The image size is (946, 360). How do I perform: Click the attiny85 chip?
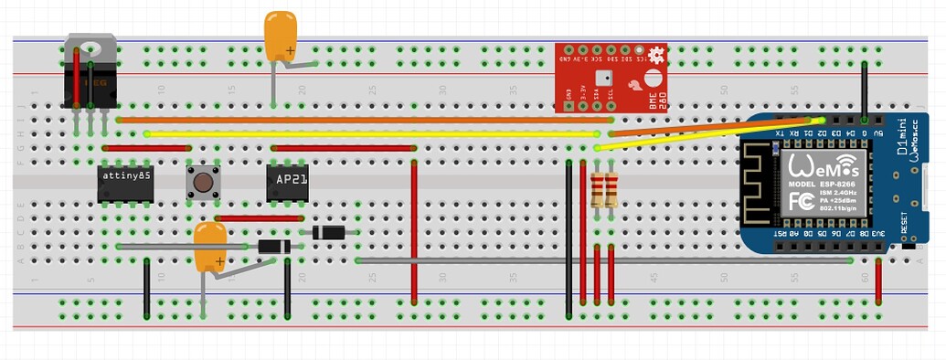coord(125,183)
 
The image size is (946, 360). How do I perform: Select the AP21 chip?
coord(287,183)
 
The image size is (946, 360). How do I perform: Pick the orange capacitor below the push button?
coord(210,247)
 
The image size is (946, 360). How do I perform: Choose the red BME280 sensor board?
coord(611,78)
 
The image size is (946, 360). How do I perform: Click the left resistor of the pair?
coord(597,190)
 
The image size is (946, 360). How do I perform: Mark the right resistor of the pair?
coord(611,190)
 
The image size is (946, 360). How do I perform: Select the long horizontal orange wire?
coord(366,120)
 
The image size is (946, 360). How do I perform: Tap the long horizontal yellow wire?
coord(366,133)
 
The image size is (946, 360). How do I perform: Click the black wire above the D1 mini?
coord(865,91)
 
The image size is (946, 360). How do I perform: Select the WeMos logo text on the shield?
coord(820,166)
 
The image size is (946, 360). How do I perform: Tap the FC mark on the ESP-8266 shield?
coord(798,198)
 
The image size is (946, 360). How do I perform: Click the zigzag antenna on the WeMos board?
coord(756,183)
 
